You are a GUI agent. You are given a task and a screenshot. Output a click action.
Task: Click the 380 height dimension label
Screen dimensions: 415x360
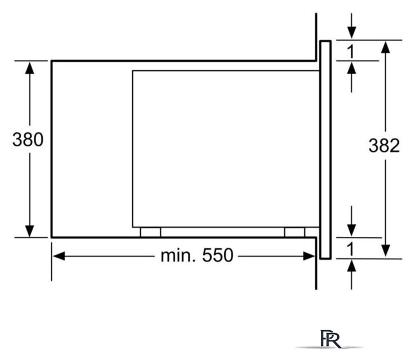pyautogui.click(x=28, y=139)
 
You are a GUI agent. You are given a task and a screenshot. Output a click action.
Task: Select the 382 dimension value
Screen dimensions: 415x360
pyautogui.click(x=384, y=145)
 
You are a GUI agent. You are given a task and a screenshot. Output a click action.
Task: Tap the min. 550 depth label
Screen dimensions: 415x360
pyautogui.click(x=197, y=255)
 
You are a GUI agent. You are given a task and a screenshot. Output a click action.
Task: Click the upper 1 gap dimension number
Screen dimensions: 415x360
pyautogui.click(x=351, y=52)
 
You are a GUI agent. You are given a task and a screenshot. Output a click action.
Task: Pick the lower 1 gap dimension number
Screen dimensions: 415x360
pyautogui.click(x=351, y=249)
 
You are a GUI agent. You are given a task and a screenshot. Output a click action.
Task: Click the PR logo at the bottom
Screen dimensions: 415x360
pyautogui.click(x=330, y=339)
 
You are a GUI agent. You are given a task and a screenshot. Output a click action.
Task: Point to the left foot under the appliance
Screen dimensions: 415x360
pyautogui.click(x=150, y=232)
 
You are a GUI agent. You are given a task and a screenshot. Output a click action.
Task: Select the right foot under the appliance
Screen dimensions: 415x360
pyautogui.click(x=294, y=232)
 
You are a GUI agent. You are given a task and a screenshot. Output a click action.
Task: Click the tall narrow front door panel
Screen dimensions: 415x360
pyautogui.click(x=325, y=150)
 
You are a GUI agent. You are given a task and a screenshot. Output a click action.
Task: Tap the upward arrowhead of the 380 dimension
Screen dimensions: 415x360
pyautogui.click(x=30, y=67)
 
